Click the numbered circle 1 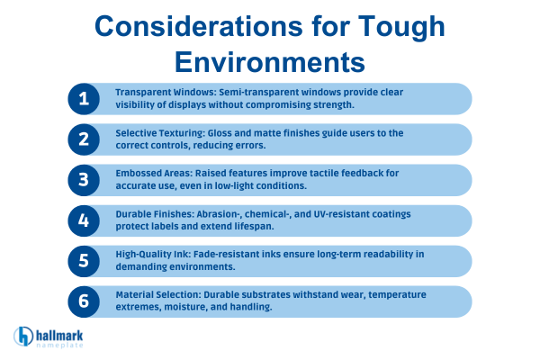click(x=85, y=99)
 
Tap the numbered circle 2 click(x=85, y=139)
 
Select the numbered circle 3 click(x=85, y=180)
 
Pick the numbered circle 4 click(x=85, y=220)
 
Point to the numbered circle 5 click(x=85, y=261)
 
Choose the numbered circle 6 click(x=85, y=301)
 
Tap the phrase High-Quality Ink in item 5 click(x=148, y=254)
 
